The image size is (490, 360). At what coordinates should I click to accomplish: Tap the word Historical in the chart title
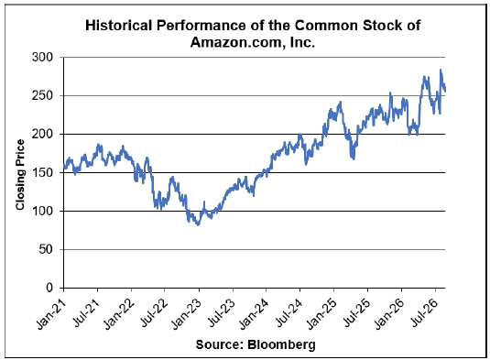(119, 26)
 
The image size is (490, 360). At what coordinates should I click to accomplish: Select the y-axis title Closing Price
(20, 175)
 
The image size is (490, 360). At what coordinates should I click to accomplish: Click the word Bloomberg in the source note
(281, 344)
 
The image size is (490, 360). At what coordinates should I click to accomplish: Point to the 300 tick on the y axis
(42, 57)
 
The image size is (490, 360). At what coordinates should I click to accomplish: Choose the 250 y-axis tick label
(42, 95)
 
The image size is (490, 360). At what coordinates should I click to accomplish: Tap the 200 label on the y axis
(42, 134)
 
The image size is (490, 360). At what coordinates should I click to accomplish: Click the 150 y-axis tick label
(42, 172)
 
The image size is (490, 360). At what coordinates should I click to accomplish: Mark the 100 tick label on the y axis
(42, 211)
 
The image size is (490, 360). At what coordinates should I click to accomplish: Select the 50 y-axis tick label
(46, 249)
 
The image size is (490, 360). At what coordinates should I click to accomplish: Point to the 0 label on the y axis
(50, 288)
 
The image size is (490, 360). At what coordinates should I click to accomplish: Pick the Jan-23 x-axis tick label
(187, 314)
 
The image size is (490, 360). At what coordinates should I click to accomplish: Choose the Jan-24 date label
(255, 314)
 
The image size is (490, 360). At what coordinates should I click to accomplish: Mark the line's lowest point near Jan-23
(198, 224)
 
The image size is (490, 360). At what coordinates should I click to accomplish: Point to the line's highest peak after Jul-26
(441, 70)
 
